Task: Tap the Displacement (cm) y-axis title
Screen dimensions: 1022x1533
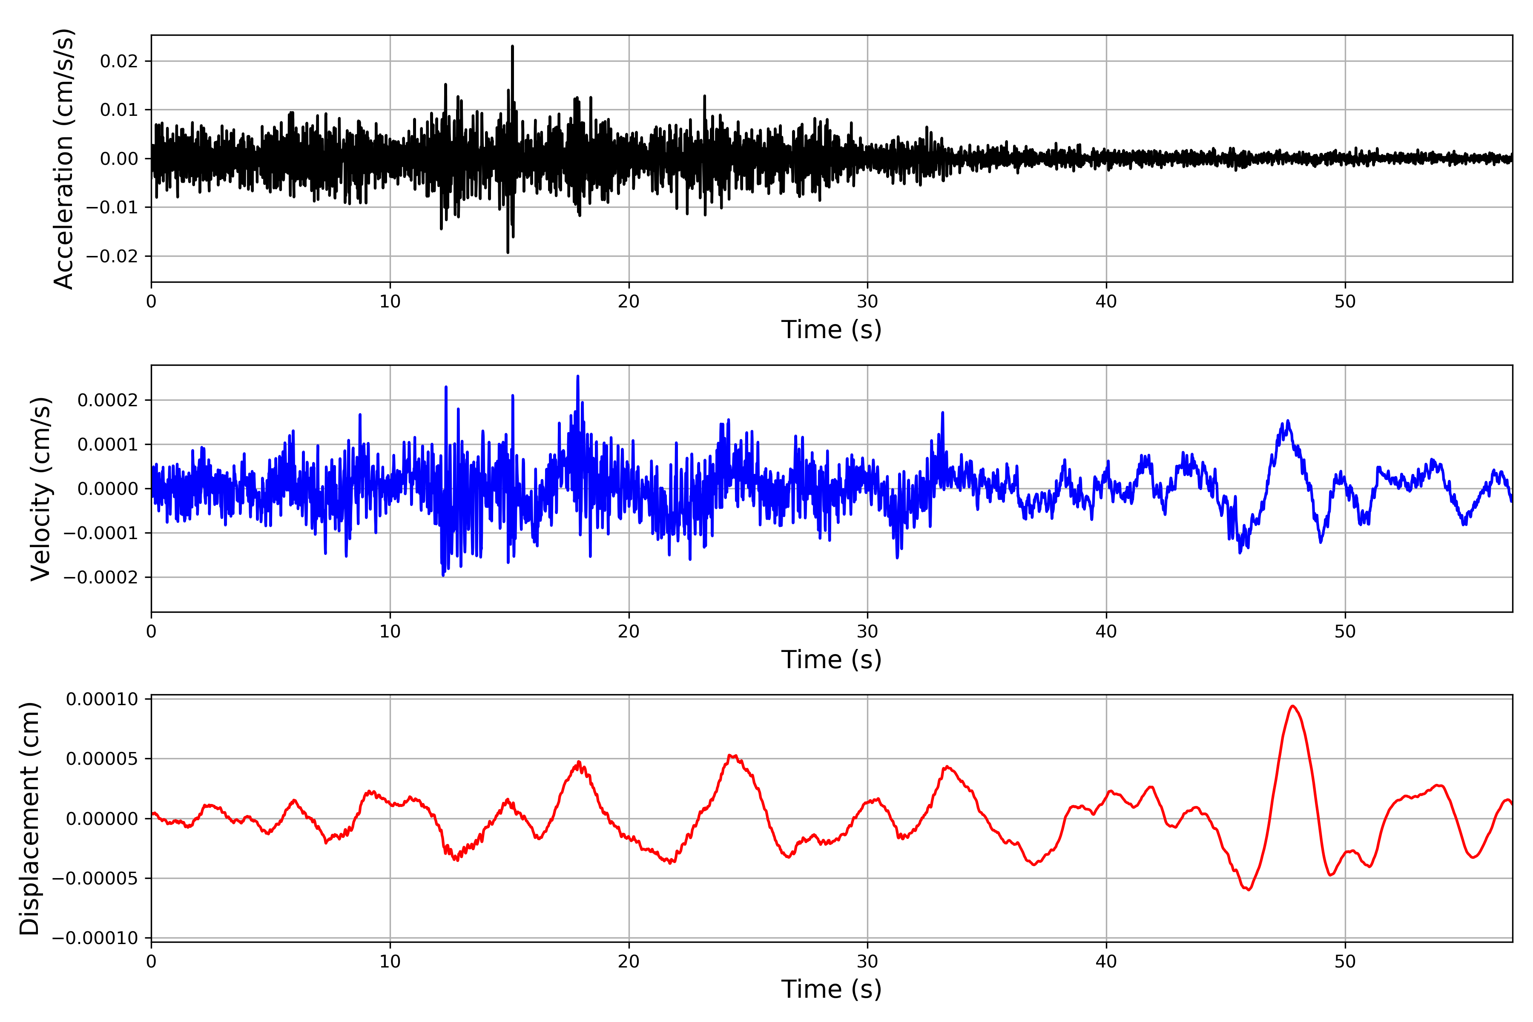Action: pyautogui.click(x=29, y=818)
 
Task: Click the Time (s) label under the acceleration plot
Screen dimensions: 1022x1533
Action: pyautogui.click(x=831, y=330)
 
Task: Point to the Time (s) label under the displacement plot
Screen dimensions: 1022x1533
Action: pyautogui.click(x=831, y=989)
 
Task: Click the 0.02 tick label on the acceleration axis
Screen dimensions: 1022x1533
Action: pyautogui.click(x=119, y=61)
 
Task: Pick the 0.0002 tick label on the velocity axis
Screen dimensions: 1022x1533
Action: pyautogui.click(x=108, y=400)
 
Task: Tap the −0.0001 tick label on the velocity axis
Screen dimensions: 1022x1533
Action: pyautogui.click(x=100, y=533)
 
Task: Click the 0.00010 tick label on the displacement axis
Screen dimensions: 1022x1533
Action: pyautogui.click(x=102, y=699)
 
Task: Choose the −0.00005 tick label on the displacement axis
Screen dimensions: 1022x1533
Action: pyautogui.click(x=95, y=878)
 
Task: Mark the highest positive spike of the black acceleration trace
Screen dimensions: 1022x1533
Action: pyautogui.click(x=512, y=46)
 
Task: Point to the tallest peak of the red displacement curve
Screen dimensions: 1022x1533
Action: pyautogui.click(x=1292, y=706)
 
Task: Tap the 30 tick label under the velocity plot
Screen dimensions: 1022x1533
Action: pyautogui.click(x=867, y=632)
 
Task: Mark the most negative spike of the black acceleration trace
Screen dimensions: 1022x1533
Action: pyautogui.click(x=508, y=252)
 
